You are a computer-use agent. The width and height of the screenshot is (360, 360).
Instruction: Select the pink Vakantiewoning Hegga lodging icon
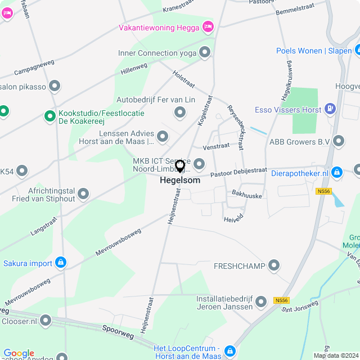[x=208, y=26]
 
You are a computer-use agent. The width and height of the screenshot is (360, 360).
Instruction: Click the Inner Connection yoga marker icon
[x=205, y=53]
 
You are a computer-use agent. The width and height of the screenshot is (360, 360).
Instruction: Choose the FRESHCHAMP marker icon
[x=274, y=265]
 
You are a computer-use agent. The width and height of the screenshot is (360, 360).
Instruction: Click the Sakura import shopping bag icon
[x=61, y=262]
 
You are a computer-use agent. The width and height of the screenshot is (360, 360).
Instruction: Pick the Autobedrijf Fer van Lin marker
[x=179, y=113]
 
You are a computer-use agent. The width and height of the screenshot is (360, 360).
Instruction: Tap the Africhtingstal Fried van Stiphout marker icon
[x=83, y=195]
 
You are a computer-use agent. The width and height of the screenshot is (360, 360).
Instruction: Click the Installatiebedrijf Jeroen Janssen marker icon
[x=260, y=303]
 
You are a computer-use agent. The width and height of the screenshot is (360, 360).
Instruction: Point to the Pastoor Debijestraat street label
[x=238, y=172]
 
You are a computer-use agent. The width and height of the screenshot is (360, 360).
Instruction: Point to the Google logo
[x=19, y=353]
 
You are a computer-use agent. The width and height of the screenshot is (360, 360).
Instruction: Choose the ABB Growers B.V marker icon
[x=338, y=141]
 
